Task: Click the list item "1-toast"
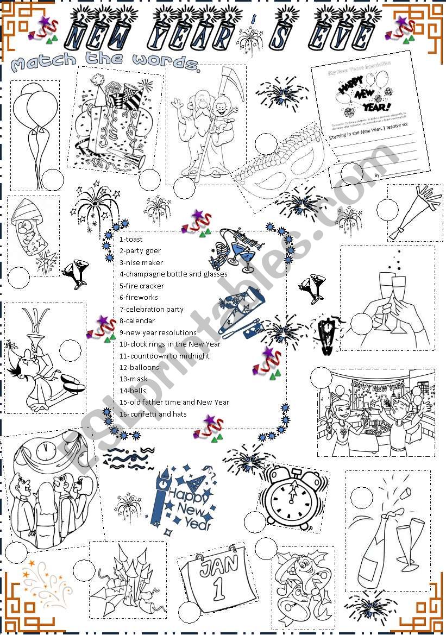131,239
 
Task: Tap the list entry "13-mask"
133,379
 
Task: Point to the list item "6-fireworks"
139,297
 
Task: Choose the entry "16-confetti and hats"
153,414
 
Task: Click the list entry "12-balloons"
139,367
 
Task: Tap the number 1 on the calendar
219,589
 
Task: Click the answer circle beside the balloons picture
52,178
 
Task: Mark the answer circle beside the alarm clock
254,523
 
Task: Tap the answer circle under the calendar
189,612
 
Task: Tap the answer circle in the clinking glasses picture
361,324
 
